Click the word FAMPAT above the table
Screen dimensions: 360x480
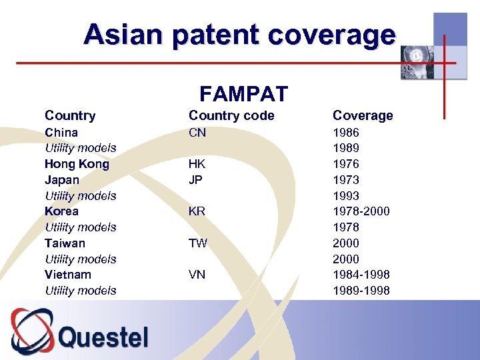click(243, 94)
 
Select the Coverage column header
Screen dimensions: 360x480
click(363, 115)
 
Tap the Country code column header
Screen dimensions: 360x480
click(231, 115)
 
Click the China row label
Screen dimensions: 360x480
click(61, 133)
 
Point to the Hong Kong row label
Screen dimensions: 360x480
click(77, 164)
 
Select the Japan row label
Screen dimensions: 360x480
click(62, 180)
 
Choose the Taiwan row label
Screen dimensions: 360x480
click(65, 243)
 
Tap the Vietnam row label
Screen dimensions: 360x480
click(68, 275)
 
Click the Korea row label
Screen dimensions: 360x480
click(61, 211)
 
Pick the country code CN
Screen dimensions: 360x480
click(197, 133)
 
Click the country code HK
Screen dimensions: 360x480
click(197, 164)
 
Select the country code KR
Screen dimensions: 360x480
click(197, 211)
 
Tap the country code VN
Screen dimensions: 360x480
click(197, 275)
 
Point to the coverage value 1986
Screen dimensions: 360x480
click(346, 133)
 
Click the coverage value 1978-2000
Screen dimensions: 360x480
click(361, 211)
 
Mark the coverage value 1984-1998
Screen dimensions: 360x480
click(361, 275)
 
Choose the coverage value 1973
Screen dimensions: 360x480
click(346, 180)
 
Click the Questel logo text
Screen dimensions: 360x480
click(103, 337)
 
